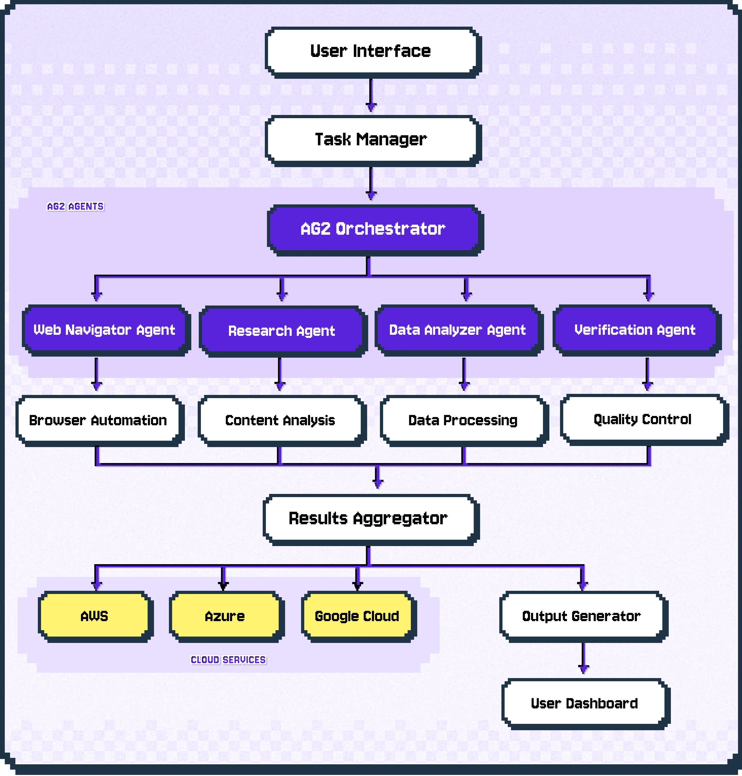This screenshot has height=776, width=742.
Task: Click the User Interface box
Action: pyautogui.click(x=371, y=51)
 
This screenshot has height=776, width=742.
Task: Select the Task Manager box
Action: pyautogui.click(x=371, y=139)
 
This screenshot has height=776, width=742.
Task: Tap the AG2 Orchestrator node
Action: pyautogui.click(x=373, y=229)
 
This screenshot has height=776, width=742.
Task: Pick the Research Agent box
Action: pyautogui.click(x=281, y=331)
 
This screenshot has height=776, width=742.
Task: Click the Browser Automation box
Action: pyautogui.click(x=98, y=420)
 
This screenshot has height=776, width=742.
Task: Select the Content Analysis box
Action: pyautogui.click(x=280, y=420)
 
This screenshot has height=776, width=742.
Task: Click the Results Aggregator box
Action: pyautogui.click(x=368, y=519)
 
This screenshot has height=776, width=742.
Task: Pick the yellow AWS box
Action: pyautogui.click(x=94, y=616)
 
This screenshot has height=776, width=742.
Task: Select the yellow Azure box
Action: pyautogui.click(x=225, y=616)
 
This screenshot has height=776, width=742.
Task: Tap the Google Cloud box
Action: pyautogui.click(x=357, y=616)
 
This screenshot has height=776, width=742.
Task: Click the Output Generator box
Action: pyautogui.click(x=581, y=616)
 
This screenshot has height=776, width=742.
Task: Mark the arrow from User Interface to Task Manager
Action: pyautogui.click(x=371, y=95)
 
